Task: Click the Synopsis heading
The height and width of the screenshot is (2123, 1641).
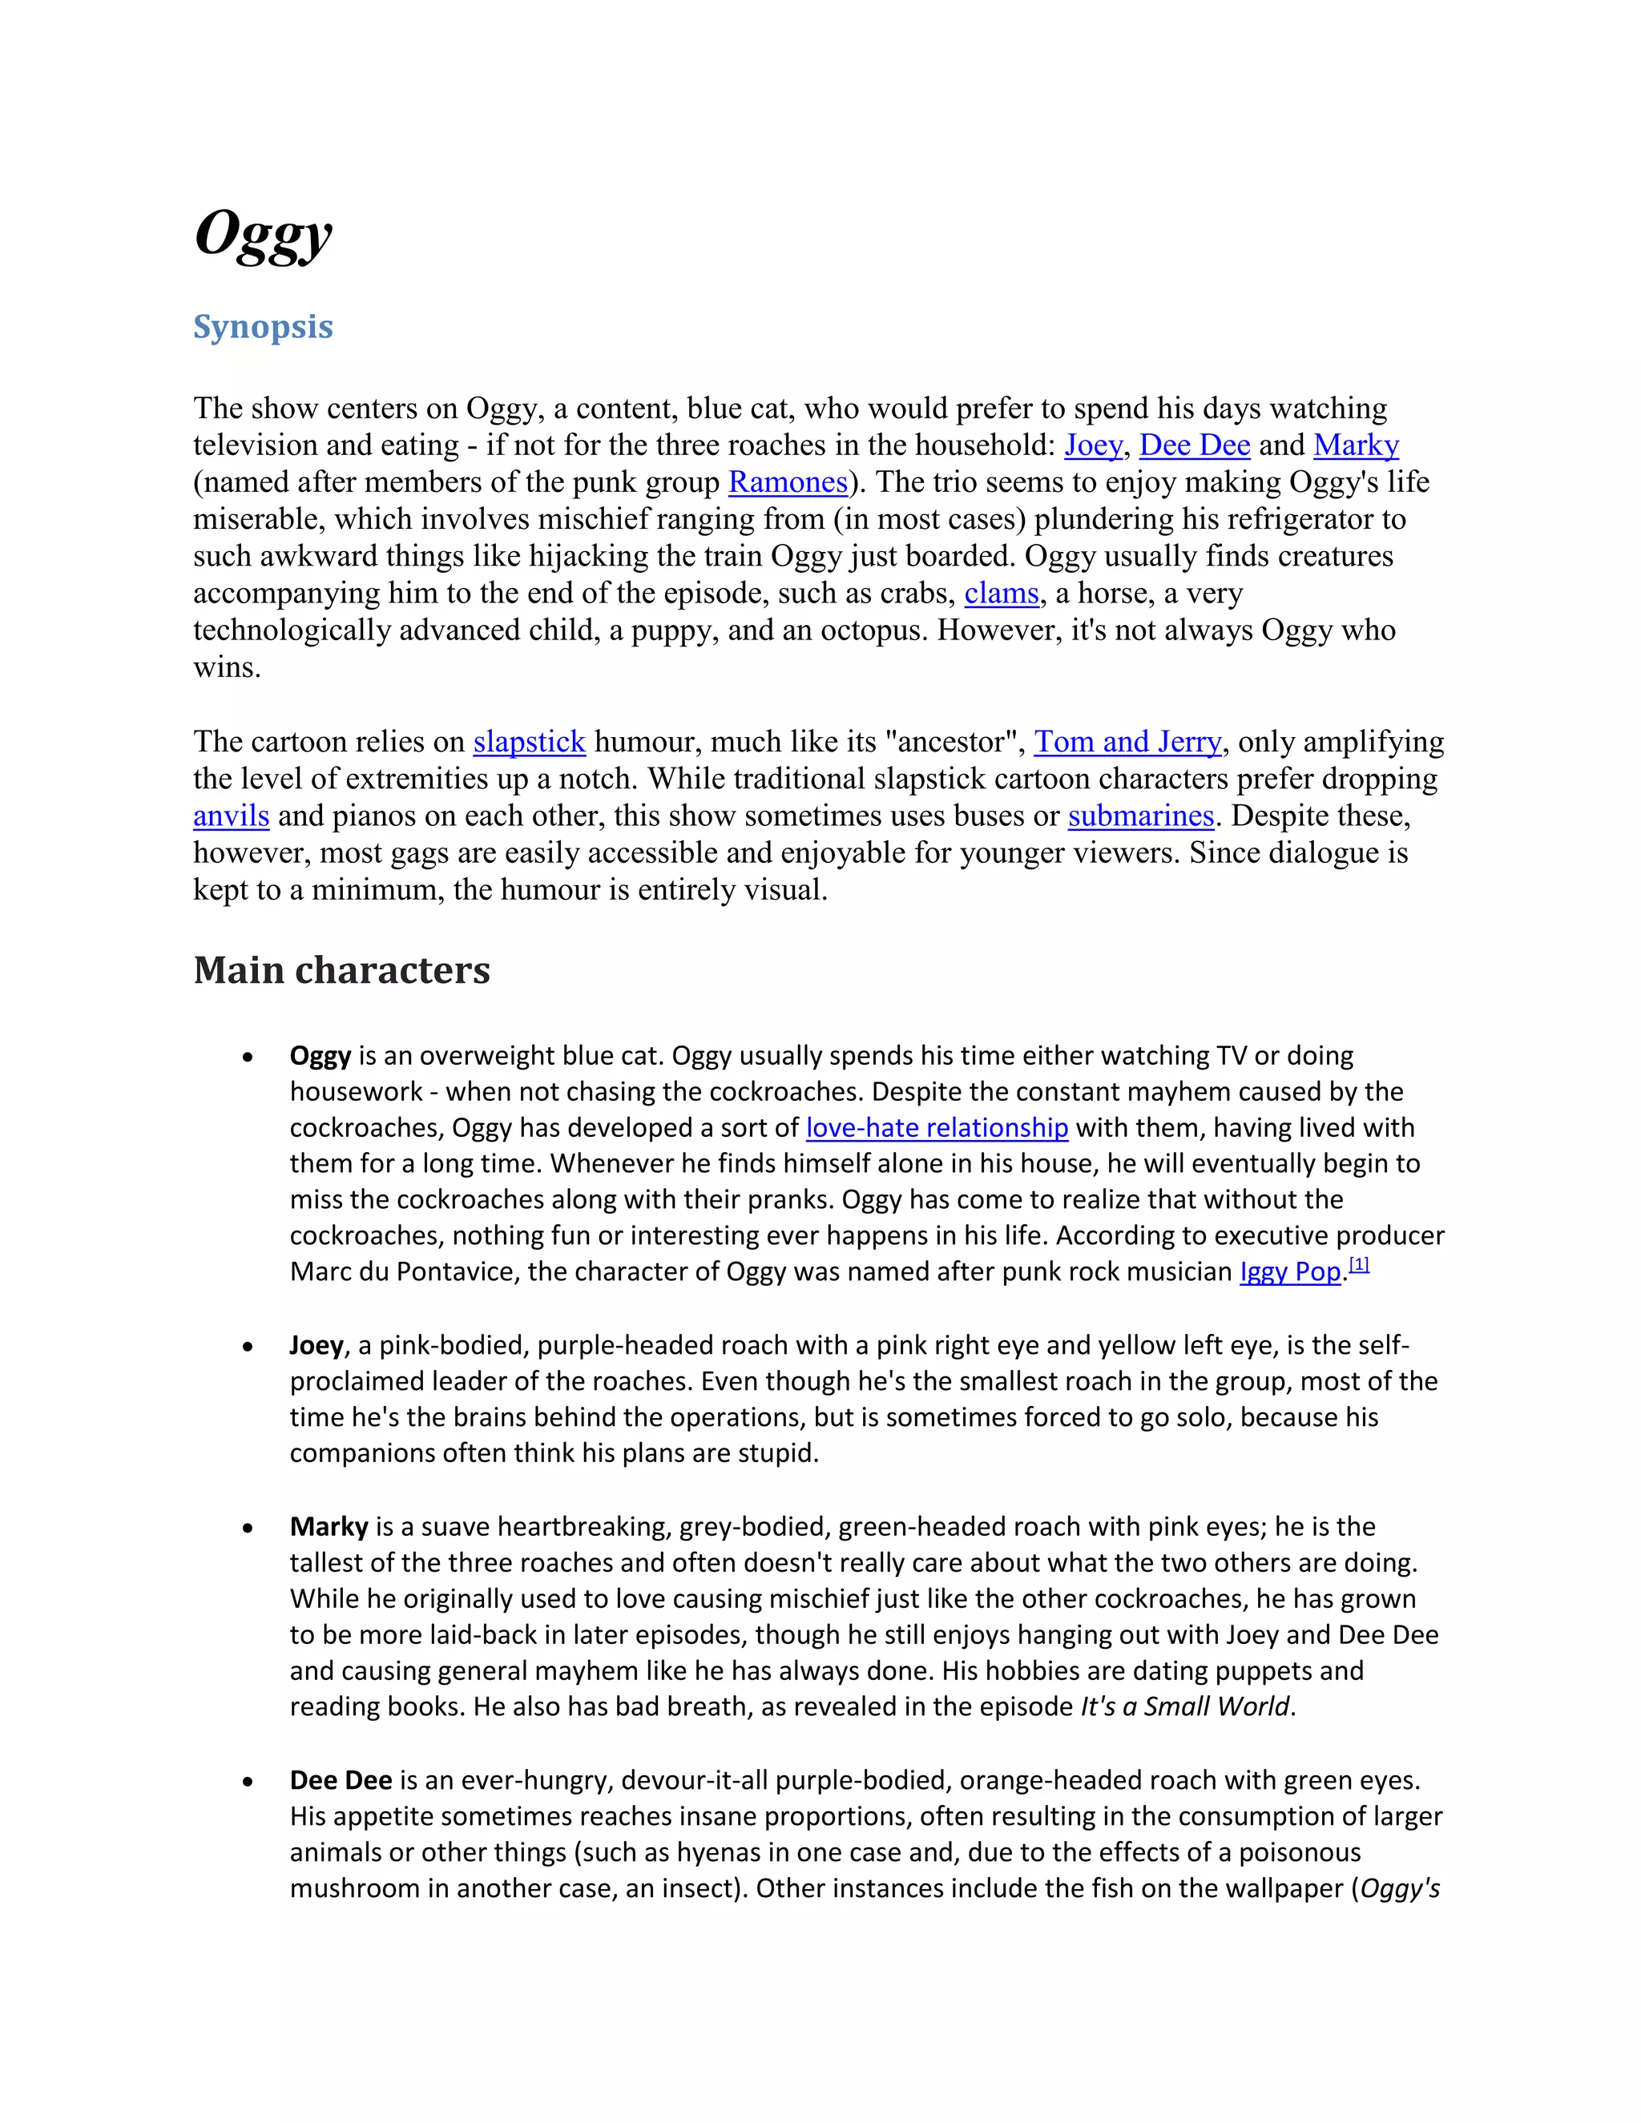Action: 263,327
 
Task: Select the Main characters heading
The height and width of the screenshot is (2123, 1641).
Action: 341,970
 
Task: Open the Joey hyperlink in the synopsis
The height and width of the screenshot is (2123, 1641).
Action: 1093,445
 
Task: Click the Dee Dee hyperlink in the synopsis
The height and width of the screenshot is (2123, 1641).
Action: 1194,445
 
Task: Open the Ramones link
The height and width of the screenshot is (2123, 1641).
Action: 788,482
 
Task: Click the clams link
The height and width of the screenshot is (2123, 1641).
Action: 1002,593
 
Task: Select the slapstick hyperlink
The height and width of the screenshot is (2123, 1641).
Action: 529,742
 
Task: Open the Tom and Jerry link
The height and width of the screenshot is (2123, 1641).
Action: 1127,742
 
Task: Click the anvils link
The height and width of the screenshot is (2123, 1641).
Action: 232,816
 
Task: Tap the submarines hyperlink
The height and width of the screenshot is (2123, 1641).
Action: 1141,816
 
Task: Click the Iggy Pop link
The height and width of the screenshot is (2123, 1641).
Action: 1289,1271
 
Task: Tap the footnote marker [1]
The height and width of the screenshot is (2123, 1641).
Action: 1359,1265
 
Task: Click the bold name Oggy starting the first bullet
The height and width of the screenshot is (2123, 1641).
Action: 320,1056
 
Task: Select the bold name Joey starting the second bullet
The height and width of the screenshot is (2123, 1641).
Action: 316,1345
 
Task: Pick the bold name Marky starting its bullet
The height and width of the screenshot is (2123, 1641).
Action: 329,1526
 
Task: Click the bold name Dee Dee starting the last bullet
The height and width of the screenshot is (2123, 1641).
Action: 341,1780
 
